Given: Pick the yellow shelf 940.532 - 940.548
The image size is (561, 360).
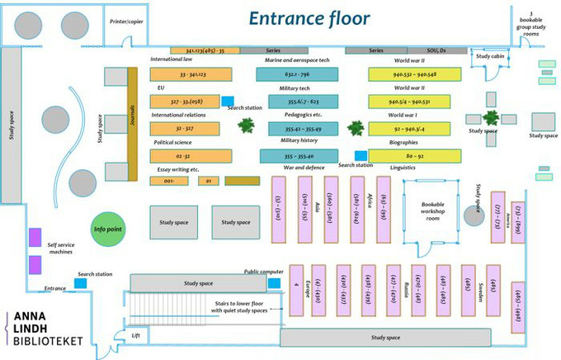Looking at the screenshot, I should [x=414, y=74].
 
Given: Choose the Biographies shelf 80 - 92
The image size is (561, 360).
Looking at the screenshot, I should [x=414, y=154].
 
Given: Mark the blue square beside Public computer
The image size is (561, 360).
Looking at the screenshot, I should [x=274, y=284].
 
